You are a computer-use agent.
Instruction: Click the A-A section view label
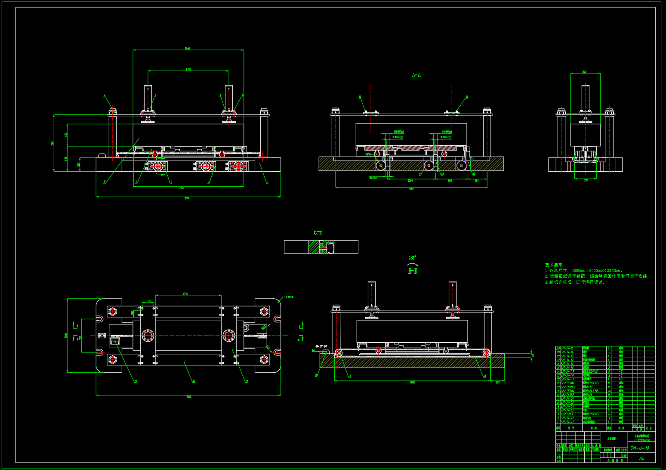click(x=416, y=75)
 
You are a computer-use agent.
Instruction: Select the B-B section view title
click(x=413, y=271)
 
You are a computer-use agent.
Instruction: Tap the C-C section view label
click(x=318, y=233)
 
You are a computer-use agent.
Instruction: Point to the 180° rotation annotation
click(x=412, y=258)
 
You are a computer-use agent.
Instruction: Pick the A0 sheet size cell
click(x=641, y=458)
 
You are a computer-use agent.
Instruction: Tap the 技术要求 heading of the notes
click(x=555, y=265)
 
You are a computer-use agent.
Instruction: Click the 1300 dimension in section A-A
click(x=410, y=180)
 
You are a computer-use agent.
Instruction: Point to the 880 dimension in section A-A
click(x=450, y=180)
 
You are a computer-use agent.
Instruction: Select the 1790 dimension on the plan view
click(x=185, y=294)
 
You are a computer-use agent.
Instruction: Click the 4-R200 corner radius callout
click(x=289, y=297)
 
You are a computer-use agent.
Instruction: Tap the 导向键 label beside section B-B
click(x=321, y=346)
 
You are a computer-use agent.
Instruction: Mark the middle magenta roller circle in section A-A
click(x=428, y=165)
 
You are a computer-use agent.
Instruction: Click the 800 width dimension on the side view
click(x=584, y=72)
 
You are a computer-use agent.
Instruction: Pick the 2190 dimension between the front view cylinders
click(x=188, y=69)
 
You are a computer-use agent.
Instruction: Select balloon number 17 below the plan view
click(x=136, y=382)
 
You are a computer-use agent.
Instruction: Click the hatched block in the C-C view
click(x=314, y=247)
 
